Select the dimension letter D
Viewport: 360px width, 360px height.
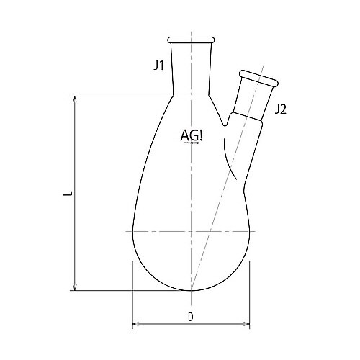[x=191, y=317]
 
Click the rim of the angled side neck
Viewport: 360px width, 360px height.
[x=258, y=78]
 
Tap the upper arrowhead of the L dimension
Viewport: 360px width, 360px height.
[x=74, y=99]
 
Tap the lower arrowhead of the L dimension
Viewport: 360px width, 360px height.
[x=74, y=288]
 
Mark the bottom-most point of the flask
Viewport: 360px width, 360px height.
[x=191, y=291]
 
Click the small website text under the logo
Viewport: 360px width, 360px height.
[x=191, y=143]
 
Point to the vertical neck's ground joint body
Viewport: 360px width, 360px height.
[x=191, y=68]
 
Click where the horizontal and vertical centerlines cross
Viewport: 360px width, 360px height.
[x=191, y=231]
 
